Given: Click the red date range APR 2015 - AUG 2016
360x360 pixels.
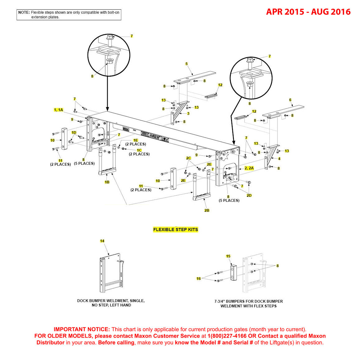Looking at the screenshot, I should [x=308, y=12].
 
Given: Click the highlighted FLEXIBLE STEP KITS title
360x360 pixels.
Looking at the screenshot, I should [x=176, y=230].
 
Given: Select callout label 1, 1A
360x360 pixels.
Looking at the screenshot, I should [x=59, y=110].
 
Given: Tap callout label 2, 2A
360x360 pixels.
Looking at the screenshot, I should [x=249, y=168].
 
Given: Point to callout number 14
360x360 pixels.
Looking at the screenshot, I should [x=102, y=241].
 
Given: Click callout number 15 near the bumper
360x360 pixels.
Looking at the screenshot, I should [x=228, y=256].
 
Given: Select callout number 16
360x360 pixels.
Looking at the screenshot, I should [x=199, y=279].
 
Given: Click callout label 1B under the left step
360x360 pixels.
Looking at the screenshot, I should [x=107, y=182].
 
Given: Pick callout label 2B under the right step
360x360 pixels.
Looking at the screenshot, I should [x=207, y=211].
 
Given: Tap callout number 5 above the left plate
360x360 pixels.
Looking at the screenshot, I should [x=187, y=64].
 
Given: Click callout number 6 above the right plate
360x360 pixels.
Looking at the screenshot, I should [x=290, y=100].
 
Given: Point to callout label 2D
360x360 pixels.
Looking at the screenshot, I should [x=249, y=196].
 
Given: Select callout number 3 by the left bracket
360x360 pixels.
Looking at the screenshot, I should [x=188, y=114].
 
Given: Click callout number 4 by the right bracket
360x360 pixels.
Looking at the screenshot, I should [x=279, y=159].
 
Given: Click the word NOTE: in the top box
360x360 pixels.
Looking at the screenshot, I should [x=24, y=12].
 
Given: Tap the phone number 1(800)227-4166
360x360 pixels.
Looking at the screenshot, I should [x=227, y=336].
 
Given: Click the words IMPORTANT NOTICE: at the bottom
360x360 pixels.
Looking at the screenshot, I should [x=82, y=329].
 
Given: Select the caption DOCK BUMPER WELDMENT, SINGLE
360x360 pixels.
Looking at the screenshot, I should [x=111, y=301].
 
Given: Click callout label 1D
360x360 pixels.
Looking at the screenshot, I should [x=74, y=133].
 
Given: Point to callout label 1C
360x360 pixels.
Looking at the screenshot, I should [x=139, y=150].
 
